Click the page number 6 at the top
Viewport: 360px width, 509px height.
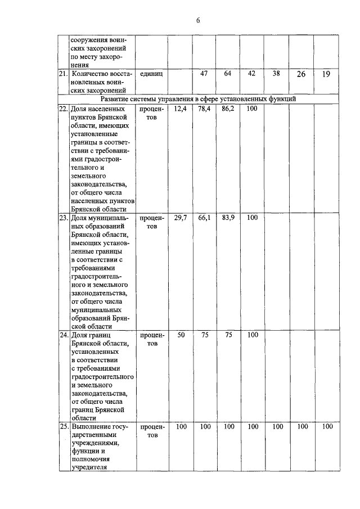click(198, 21)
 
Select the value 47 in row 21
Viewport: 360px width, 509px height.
click(205, 73)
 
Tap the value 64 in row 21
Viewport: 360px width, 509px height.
click(228, 73)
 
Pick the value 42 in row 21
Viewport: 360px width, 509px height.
click(251, 73)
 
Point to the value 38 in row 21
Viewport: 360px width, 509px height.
click(276, 73)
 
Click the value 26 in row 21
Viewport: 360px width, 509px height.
click(301, 74)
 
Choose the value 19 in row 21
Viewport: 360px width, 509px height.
click(326, 74)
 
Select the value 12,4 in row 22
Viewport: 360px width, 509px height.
click(181, 108)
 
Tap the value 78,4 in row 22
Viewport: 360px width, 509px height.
click(204, 108)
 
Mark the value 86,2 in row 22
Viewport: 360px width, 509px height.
click(228, 108)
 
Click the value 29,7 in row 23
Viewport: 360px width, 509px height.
click(181, 218)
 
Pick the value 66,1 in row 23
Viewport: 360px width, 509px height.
click(204, 218)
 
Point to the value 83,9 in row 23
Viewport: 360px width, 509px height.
click(228, 218)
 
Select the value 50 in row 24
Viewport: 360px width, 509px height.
click(181, 335)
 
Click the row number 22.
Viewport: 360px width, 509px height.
click(64, 109)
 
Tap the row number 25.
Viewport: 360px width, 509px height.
click(64, 427)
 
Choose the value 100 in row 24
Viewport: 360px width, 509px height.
click(252, 335)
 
